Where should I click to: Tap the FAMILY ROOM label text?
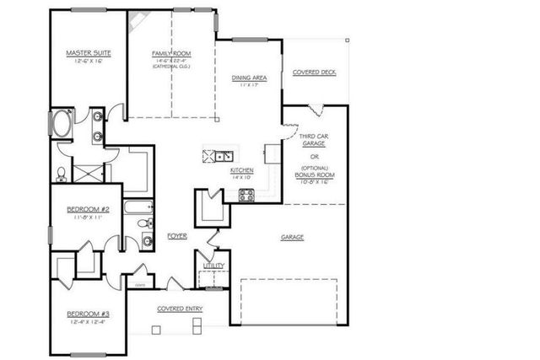pyautogui.click(x=171, y=53)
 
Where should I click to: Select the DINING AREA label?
pyautogui.click(x=249, y=78)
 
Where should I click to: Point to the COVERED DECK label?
pyautogui.click(x=314, y=73)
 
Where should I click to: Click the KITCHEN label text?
pyautogui.click(x=242, y=170)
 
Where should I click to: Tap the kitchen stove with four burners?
pyautogui.click(x=247, y=195)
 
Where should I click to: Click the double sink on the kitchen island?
pyautogui.click(x=224, y=155)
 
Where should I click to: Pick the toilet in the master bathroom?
pyautogui.click(x=62, y=174)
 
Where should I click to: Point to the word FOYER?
pyautogui.click(x=176, y=236)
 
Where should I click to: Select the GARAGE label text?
pyautogui.click(x=292, y=237)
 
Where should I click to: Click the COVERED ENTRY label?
pyautogui.click(x=180, y=309)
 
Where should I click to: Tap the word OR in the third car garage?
pyautogui.click(x=314, y=155)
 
